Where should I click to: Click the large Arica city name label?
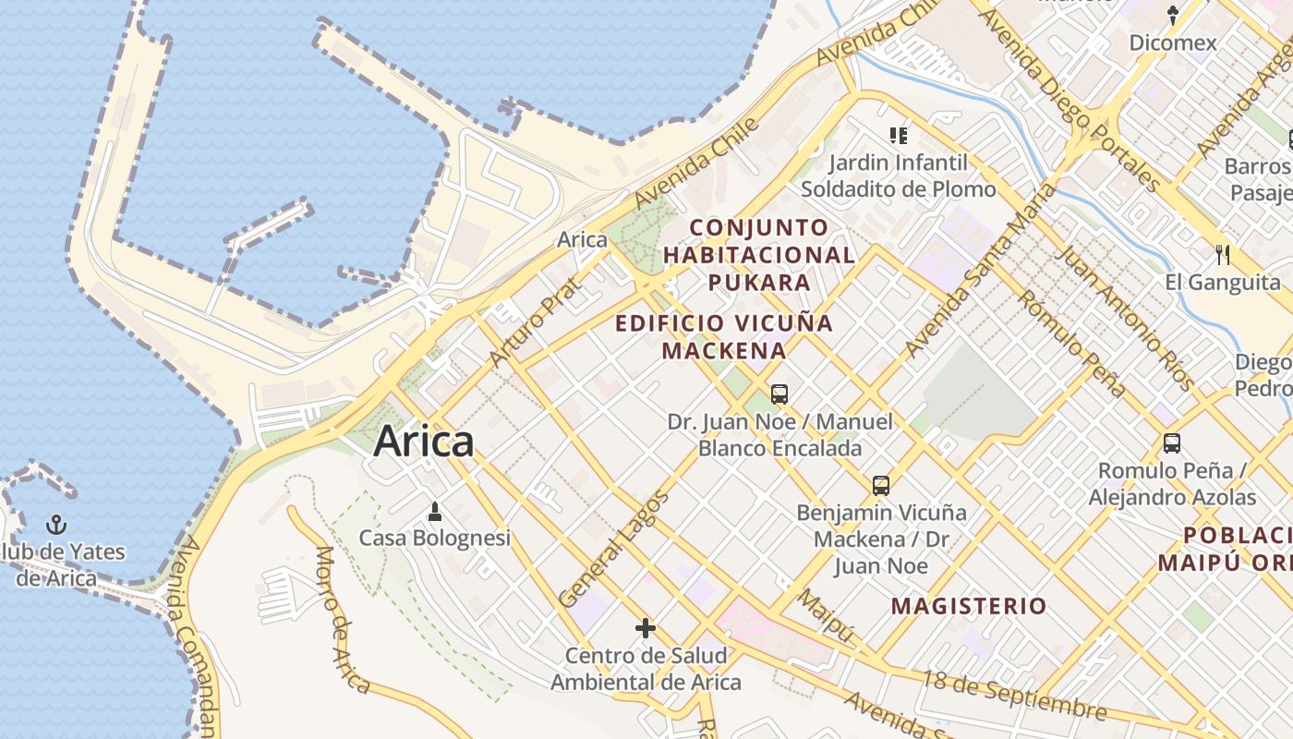423,442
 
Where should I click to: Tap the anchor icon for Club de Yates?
57,525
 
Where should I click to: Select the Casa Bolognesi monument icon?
435,510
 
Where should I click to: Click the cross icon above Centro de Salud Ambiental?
646,629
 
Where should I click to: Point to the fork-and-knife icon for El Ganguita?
1223,254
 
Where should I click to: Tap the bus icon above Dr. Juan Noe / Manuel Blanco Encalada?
779,394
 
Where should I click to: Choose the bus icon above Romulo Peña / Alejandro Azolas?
1172,443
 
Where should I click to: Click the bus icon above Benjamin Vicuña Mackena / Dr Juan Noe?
881,485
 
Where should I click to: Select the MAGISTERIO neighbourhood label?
969,607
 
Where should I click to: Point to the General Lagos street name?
613,550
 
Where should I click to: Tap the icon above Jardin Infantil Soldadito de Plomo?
899,136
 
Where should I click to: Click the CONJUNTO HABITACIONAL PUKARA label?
759,254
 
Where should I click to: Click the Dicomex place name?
1173,42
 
